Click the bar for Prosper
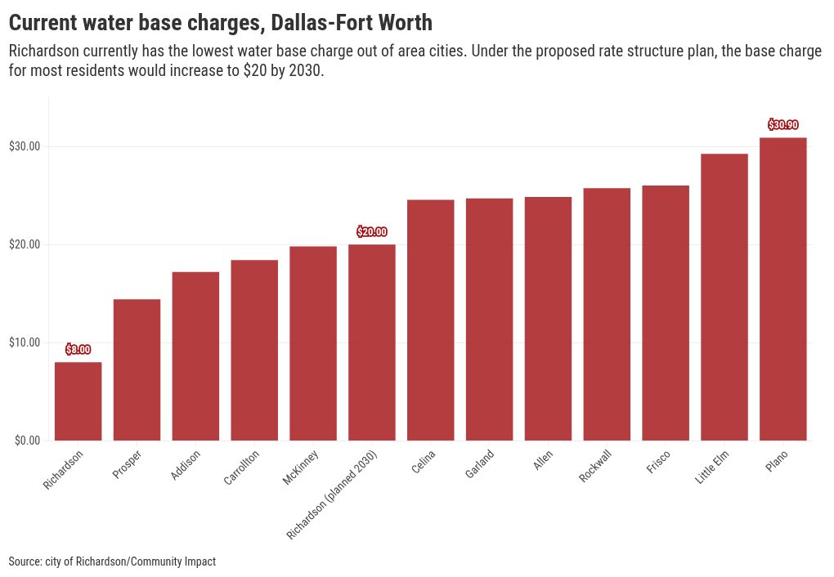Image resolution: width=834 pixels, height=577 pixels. [137, 369]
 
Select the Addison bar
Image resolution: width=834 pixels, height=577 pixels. [195, 356]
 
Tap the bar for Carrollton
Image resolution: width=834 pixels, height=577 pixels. [254, 350]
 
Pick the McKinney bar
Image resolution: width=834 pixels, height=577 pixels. [313, 343]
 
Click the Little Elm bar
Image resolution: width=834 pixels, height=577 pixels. [724, 297]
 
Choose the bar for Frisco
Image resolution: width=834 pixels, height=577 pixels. [666, 313]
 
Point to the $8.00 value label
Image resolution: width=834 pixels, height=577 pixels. [78, 350]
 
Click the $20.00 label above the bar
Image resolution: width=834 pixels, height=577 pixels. [372, 232]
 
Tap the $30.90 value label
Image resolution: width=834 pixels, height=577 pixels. [783, 124]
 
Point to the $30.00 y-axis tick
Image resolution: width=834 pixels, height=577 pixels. [25, 146]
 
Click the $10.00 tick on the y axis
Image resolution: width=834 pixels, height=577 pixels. [25, 342]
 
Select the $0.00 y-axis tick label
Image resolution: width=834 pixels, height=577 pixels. [28, 441]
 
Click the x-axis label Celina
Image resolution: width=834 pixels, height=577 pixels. [424, 462]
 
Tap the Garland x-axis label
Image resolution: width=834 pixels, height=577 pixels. [479, 463]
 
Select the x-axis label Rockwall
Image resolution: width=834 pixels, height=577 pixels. [595, 466]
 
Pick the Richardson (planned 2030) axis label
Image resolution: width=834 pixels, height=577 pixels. [331, 494]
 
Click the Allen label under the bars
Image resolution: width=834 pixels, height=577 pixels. [543, 460]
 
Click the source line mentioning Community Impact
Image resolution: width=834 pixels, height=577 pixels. [112, 561]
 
